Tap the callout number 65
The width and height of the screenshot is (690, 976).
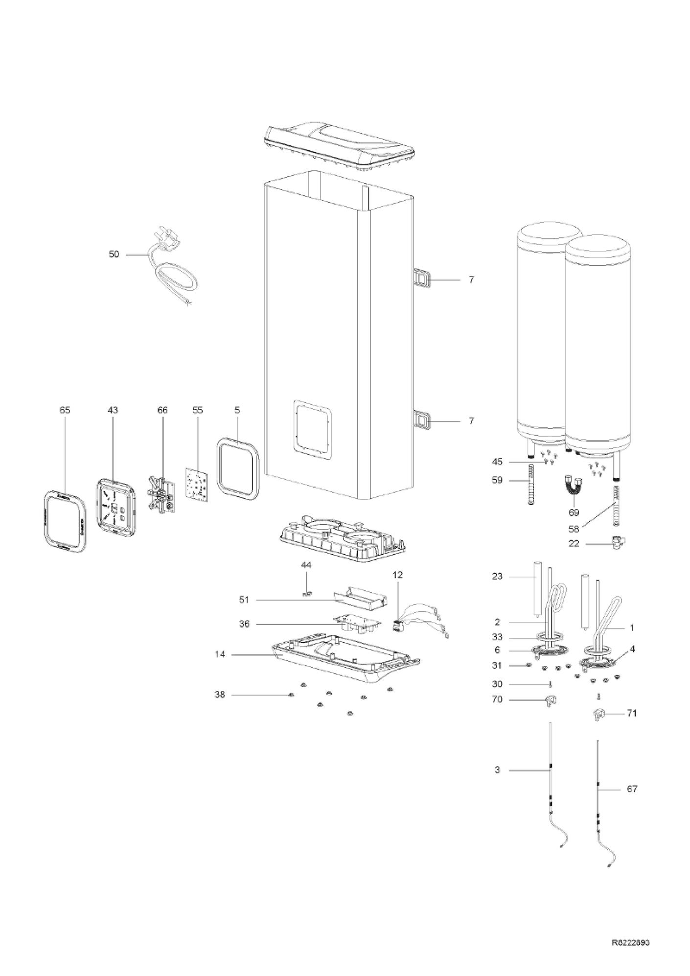[x=65, y=410]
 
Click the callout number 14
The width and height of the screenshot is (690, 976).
[x=220, y=654]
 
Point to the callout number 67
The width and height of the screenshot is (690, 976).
[x=632, y=803]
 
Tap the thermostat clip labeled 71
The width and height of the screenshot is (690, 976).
[x=598, y=715]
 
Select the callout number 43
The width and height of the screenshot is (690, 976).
[x=113, y=410]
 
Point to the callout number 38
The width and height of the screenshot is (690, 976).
[x=220, y=695]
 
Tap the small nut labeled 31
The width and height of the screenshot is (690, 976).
[x=529, y=665]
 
